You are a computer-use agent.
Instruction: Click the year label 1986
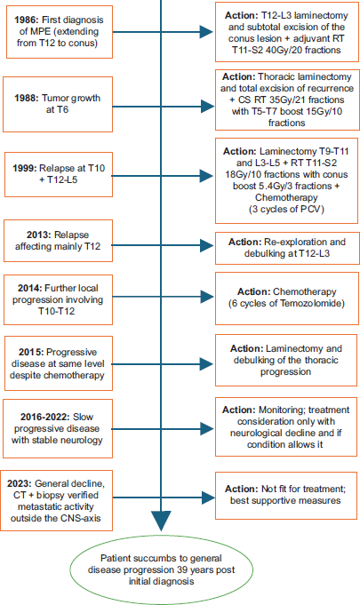(x=27, y=20)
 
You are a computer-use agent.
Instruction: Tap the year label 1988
(x=27, y=98)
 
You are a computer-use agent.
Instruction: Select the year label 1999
(x=25, y=168)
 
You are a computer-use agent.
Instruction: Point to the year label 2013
(x=39, y=235)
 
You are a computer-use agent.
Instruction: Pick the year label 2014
(x=29, y=288)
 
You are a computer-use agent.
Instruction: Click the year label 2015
(x=31, y=353)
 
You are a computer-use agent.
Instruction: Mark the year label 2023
(x=20, y=484)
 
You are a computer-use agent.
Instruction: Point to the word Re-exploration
(x=293, y=242)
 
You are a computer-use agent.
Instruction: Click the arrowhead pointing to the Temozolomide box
(x=208, y=297)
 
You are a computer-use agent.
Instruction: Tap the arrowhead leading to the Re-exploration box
(x=208, y=245)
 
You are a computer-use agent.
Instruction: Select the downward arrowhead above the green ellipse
(x=161, y=521)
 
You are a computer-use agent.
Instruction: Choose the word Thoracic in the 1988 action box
(x=275, y=76)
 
